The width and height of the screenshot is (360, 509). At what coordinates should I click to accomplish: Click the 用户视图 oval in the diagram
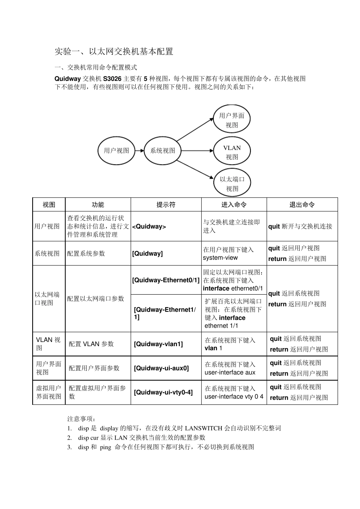coord(117,151)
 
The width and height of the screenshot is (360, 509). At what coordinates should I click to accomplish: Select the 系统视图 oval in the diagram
coord(163,151)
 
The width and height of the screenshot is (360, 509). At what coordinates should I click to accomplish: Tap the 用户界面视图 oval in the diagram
coord(232,120)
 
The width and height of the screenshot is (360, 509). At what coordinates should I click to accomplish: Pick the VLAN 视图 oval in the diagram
coord(232,152)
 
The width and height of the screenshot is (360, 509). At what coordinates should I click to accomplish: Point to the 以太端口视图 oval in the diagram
coord(232,184)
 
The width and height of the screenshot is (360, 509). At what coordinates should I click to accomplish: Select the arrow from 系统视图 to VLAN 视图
coord(197,151)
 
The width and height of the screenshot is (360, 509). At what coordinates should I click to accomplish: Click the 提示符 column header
coord(166,205)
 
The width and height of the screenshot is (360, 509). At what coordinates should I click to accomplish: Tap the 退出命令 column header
coord(302,205)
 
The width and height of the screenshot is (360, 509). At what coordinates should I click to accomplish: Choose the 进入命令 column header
coord(234,205)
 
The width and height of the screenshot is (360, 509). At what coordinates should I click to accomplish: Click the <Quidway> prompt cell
coord(149,226)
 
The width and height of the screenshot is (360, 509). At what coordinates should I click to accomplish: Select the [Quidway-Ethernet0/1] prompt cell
coord(166,280)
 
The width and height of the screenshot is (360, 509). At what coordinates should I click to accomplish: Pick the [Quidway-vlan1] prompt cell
coord(158,344)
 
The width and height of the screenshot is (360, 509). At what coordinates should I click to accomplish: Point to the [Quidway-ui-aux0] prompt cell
coord(161,368)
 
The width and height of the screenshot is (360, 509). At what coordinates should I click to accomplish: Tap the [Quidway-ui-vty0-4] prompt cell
coord(163,392)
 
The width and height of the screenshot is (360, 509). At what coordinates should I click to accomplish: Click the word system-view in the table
coord(220,258)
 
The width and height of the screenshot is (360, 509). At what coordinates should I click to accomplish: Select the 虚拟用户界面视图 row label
coord(49,392)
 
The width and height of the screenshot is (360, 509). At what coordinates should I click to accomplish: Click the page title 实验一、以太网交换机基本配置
coord(114,52)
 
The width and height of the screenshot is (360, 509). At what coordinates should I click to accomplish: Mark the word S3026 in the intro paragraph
coord(113,79)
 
